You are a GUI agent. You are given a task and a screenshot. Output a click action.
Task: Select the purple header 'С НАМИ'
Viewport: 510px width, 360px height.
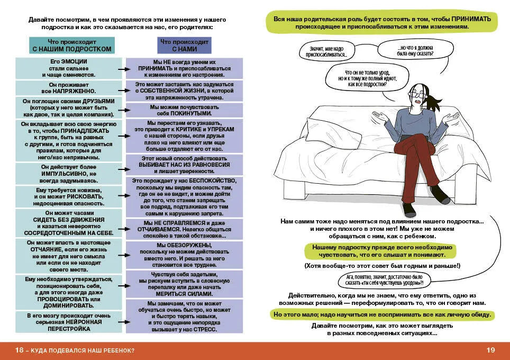point(185,49)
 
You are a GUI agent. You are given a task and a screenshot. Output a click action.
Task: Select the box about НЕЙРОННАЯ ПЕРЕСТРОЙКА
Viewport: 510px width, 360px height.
point(69,321)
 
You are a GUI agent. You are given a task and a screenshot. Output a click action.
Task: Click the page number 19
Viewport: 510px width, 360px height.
point(490,350)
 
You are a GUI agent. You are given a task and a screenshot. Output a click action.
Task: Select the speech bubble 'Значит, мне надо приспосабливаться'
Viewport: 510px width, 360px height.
point(329,51)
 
